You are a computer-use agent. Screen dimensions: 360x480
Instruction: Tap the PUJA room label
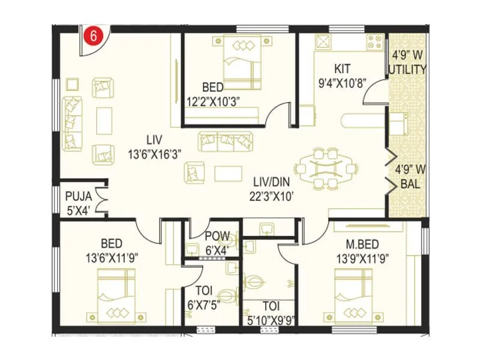tap(77, 195)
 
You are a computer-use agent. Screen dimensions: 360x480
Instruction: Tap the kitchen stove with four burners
tap(375, 43)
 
